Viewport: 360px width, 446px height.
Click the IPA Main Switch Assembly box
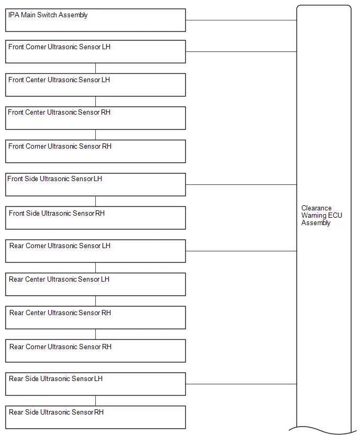point(96,20)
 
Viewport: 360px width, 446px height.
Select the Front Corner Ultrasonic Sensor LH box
point(96,52)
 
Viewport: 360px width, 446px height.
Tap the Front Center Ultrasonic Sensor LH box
point(96,85)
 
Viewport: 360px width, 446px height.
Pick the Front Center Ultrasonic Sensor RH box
point(96,118)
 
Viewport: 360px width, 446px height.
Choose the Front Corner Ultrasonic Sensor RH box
point(96,151)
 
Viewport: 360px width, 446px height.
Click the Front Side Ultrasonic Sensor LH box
point(96,185)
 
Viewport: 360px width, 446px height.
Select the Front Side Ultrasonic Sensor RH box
point(96,218)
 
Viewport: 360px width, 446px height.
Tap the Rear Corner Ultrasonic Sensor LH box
point(96,251)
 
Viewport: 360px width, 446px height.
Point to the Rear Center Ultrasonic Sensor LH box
point(96,284)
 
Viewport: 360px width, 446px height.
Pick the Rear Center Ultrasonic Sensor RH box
point(96,318)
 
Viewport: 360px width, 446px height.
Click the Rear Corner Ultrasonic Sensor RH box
point(96,351)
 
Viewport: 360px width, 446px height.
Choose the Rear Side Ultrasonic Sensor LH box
point(96,384)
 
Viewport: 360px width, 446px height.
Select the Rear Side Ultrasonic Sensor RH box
point(96,417)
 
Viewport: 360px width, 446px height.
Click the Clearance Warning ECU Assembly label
point(322,215)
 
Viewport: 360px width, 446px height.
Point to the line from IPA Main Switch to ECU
point(241,20)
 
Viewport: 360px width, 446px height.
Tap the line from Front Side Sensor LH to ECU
point(241,185)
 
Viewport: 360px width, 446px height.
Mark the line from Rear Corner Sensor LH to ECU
point(241,251)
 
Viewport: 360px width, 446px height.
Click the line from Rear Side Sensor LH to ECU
point(241,384)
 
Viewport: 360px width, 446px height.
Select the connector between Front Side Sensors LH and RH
point(96,202)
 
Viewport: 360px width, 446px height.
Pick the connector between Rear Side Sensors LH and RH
point(96,401)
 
